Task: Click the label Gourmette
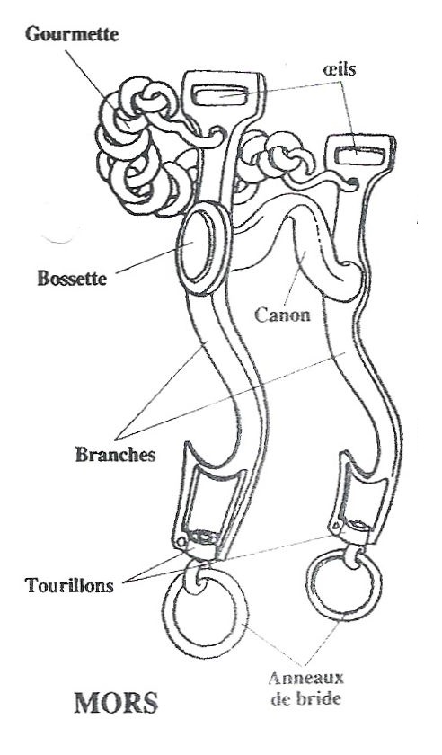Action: coord(72,35)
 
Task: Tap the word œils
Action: coord(340,69)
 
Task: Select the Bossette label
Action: coord(72,279)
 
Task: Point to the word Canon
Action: coord(282,315)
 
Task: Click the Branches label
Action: coord(116,455)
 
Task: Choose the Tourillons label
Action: coord(70,585)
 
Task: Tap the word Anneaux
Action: coord(306,678)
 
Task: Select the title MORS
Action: coord(116,703)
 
